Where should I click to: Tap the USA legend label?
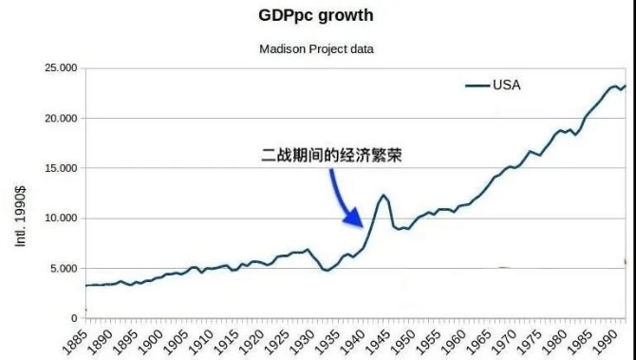[x=506, y=85]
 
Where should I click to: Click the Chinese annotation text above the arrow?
[x=333, y=155]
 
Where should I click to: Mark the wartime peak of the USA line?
[x=383, y=196]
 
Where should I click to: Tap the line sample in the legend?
[x=477, y=85]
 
